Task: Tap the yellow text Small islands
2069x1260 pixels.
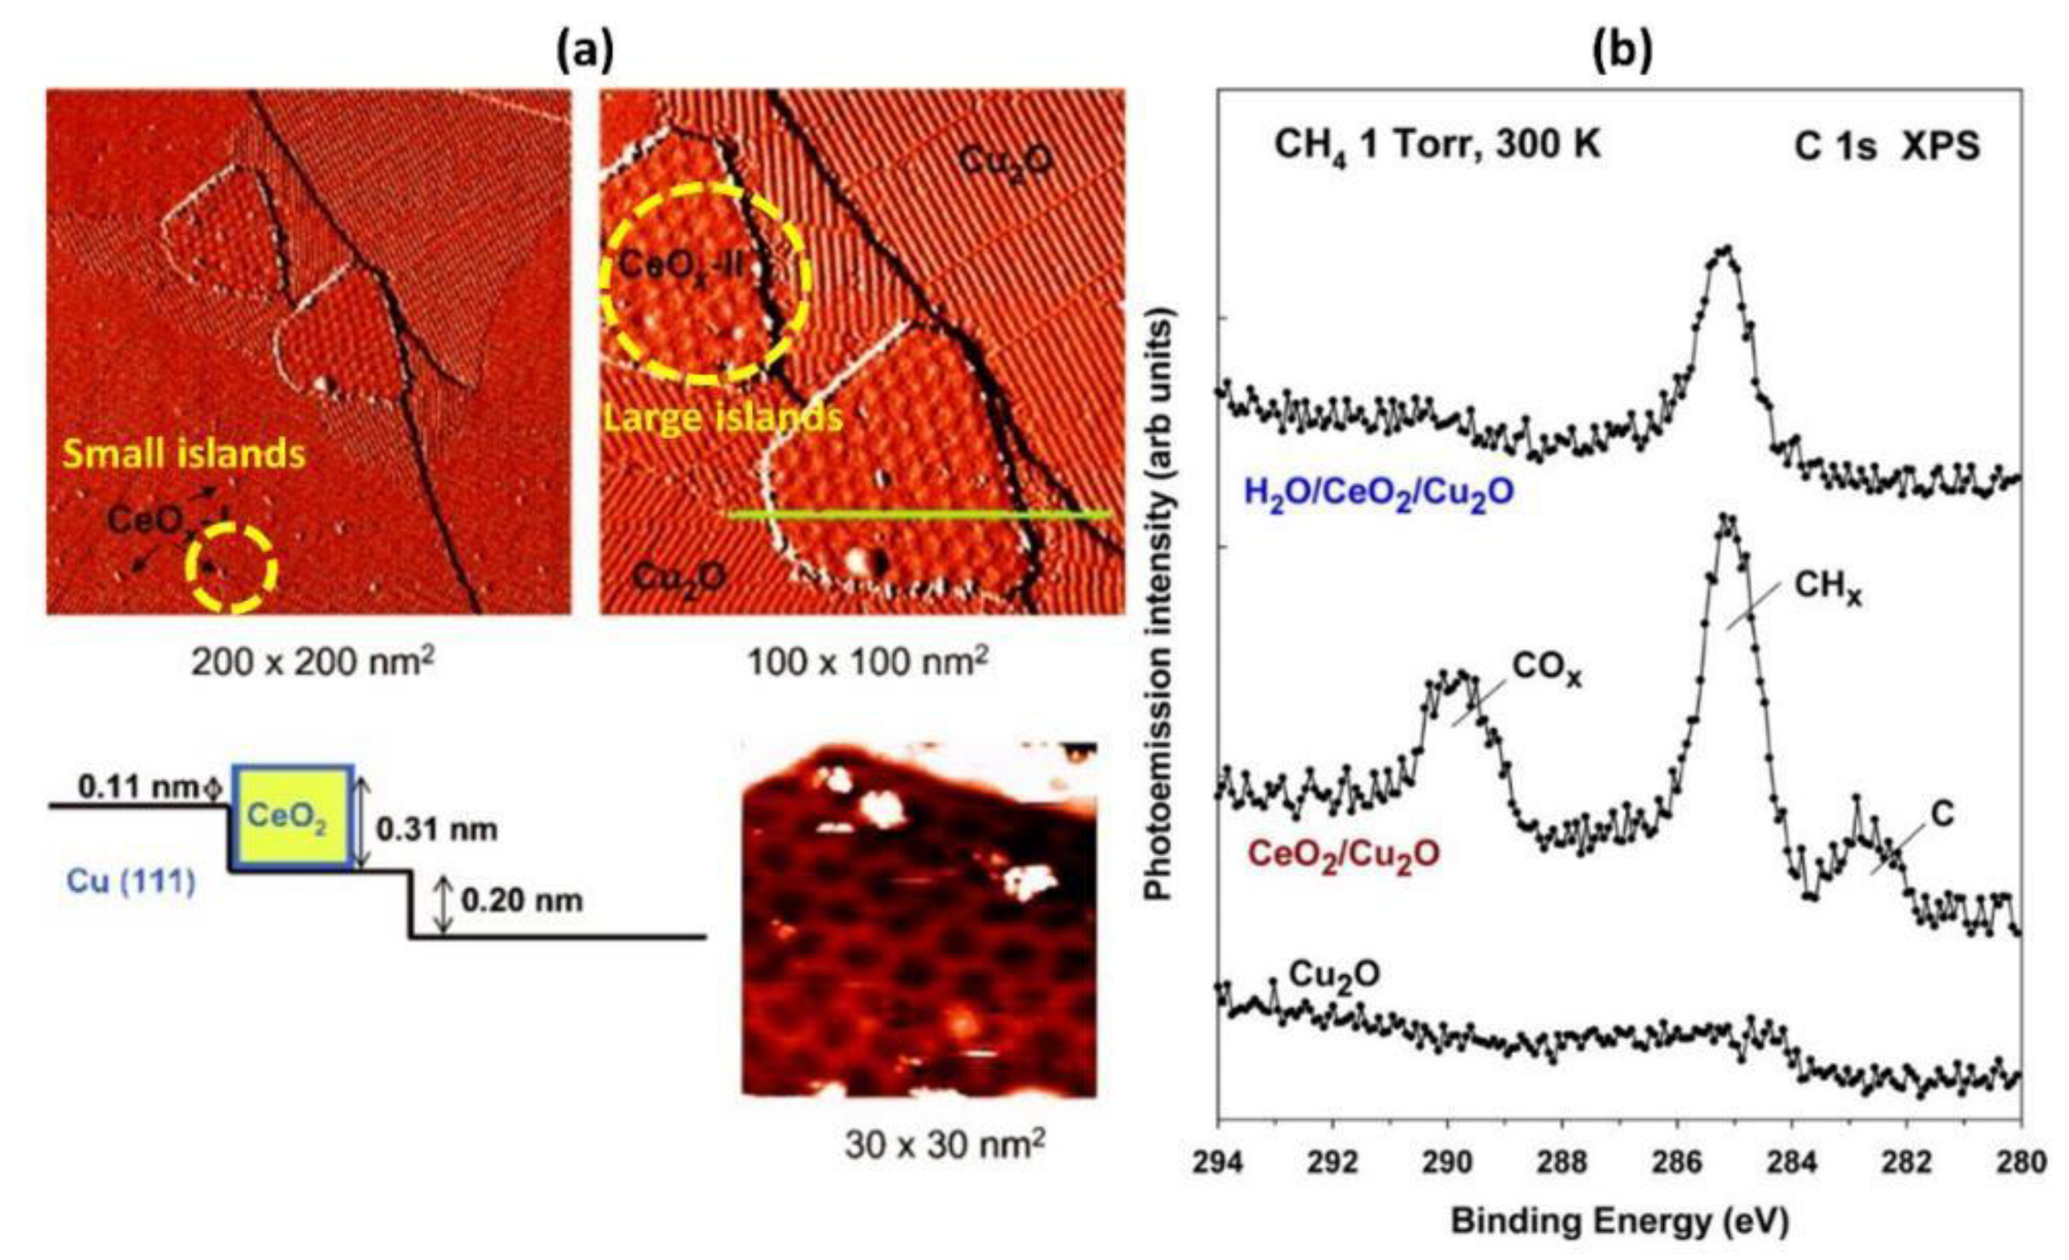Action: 185,454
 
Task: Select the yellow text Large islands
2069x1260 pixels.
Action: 723,417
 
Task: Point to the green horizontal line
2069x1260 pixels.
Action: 919,514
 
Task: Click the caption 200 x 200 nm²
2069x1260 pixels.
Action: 312,664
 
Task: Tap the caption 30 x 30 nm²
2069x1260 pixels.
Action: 945,1145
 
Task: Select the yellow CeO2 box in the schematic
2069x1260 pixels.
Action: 290,816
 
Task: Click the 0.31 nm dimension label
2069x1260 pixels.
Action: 437,830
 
